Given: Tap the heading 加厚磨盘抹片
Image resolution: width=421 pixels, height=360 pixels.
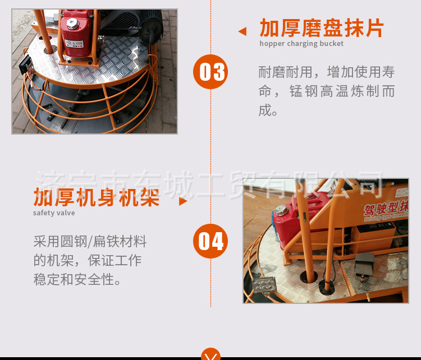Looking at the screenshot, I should click(322, 28).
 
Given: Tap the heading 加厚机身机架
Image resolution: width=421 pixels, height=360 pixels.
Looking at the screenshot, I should click(97, 198).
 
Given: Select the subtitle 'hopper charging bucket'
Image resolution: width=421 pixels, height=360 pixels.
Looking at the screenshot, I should click(301, 44).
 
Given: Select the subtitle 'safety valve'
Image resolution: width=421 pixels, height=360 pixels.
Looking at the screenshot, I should click(54, 213).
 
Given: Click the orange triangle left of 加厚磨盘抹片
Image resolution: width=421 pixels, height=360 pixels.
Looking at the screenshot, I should click(242, 31).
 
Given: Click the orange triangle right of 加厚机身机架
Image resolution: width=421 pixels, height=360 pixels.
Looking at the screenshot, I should click(182, 201).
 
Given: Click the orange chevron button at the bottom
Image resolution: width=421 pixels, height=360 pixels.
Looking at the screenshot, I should click(210, 355).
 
